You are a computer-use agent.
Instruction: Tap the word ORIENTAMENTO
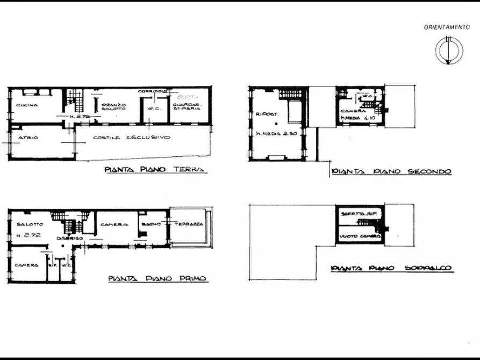[447, 26]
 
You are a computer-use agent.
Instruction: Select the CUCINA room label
[27, 105]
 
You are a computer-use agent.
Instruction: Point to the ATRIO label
[28, 138]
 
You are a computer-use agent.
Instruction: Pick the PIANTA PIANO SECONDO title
[391, 171]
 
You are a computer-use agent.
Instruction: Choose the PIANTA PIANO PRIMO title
[157, 278]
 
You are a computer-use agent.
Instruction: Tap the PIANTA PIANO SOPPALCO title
[391, 268]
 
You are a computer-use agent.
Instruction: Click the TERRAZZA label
[191, 224]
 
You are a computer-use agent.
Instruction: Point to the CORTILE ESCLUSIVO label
[131, 138]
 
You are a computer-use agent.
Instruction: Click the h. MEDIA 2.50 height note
[276, 133]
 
